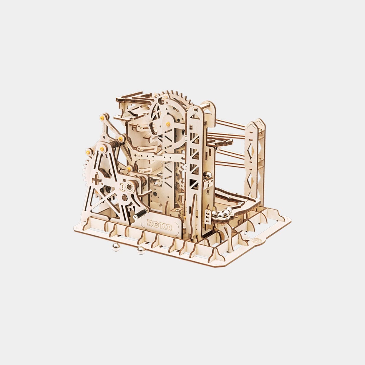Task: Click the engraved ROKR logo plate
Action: point(160,225)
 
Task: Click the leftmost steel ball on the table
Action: point(115,247)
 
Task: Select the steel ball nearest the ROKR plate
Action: point(141,250)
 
